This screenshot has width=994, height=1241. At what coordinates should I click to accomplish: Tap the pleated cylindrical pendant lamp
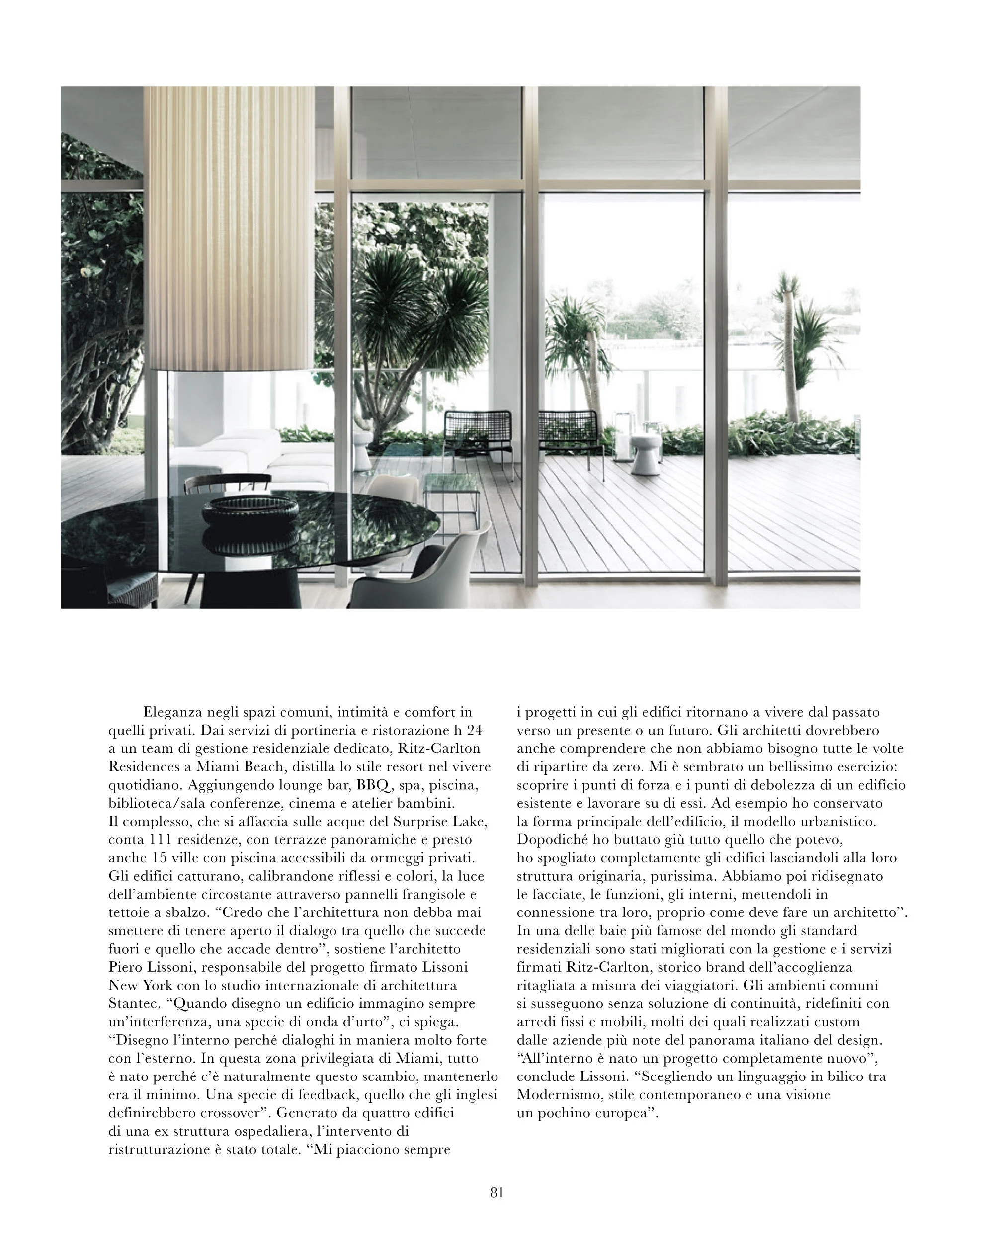[228, 230]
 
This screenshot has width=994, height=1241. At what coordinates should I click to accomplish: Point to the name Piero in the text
[124, 967]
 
